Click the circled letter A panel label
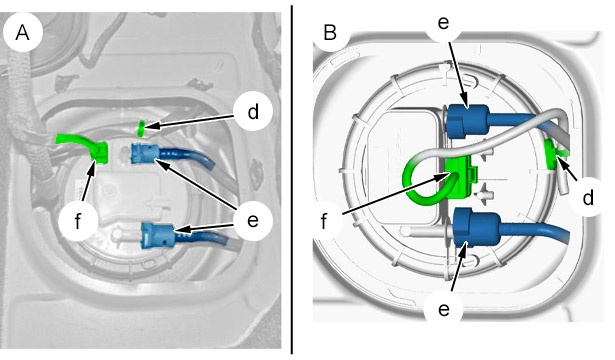pos(22,33)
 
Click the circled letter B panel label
pos(330,32)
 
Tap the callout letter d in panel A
pos(253,112)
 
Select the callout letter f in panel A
pos(78,221)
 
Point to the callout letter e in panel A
pos(253,221)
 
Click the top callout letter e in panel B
pos(443,23)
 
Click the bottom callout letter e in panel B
pos(444,310)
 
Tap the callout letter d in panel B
pos(588,198)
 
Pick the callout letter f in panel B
pos(324,221)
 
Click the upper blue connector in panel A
pos(144,154)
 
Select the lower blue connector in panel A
pos(157,235)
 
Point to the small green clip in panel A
pos(141,129)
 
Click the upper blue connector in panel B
pos(467,121)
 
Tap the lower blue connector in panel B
pos(476,227)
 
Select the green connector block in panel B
pos(462,176)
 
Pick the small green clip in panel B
pos(552,155)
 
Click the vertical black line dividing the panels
pos(291,180)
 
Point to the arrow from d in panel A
pos(191,121)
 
